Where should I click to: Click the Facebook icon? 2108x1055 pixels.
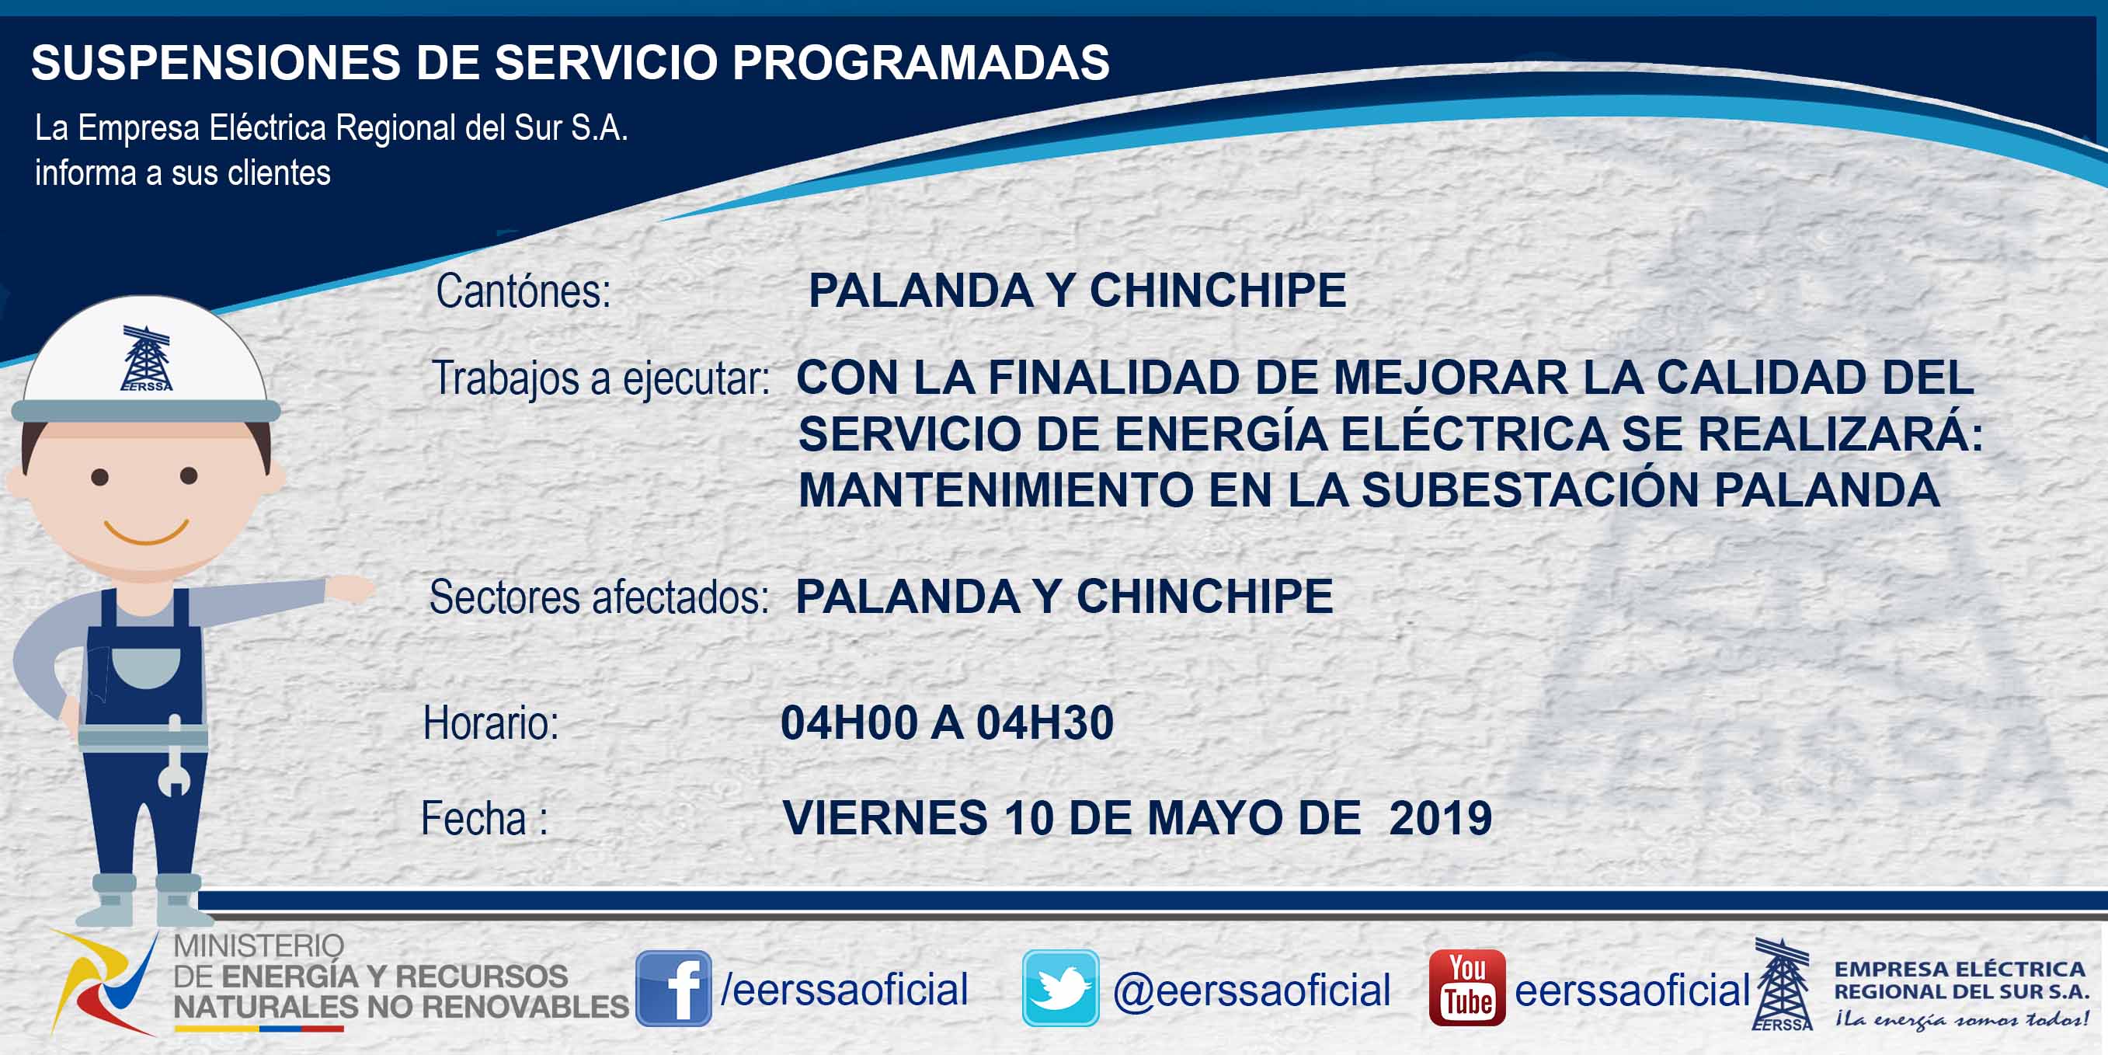[x=673, y=988]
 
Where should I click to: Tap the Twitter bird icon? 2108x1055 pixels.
[x=1060, y=988]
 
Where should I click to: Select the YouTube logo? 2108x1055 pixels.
[x=1467, y=988]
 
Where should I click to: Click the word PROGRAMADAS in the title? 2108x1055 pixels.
[x=920, y=62]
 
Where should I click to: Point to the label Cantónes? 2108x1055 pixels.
[x=524, y=291]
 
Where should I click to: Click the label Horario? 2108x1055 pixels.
[x=491, y=723]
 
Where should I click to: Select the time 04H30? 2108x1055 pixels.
[x=1045, y=722]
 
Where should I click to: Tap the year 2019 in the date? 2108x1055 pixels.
[x=1440, y=817]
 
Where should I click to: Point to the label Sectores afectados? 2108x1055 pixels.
[x=599, y=597]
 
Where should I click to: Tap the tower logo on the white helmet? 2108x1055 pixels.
[x=147, y=358]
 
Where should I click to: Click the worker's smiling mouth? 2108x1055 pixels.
[x=147, y=533]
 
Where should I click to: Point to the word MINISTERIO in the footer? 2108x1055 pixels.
[x=259, y=946]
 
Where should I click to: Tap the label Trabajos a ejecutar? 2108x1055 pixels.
[x=600, y=378]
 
